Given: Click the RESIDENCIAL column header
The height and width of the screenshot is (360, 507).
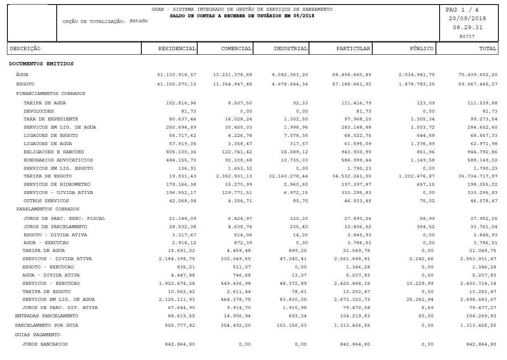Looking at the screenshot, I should point(177,48).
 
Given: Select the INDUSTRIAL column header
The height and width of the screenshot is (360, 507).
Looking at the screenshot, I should point(290,48).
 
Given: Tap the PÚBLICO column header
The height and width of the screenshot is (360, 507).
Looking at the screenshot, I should point(421,48).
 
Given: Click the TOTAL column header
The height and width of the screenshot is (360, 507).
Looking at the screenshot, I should point(488,48).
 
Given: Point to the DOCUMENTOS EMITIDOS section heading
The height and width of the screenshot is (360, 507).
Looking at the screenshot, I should point(41,64).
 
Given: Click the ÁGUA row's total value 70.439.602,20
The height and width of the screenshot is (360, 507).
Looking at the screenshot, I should point(477,75).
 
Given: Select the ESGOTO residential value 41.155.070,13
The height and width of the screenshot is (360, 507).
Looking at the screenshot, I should point(176,84).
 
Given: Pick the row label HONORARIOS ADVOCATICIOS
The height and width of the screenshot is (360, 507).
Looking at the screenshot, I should point(58,160).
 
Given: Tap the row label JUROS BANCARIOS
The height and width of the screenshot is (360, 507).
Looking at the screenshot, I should point(45,344).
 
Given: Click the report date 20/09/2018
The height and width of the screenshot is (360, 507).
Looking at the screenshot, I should point(467,18).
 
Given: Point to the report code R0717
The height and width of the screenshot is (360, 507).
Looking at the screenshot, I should point(467,36).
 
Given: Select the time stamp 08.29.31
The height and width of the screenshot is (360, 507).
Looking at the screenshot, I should point(468,28).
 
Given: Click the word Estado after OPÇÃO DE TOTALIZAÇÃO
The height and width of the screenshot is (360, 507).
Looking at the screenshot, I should point(138,21).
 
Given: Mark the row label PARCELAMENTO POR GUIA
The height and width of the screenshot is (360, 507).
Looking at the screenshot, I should point(46,325).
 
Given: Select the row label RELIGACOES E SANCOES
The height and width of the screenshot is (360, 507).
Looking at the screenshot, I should point(53,152).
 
